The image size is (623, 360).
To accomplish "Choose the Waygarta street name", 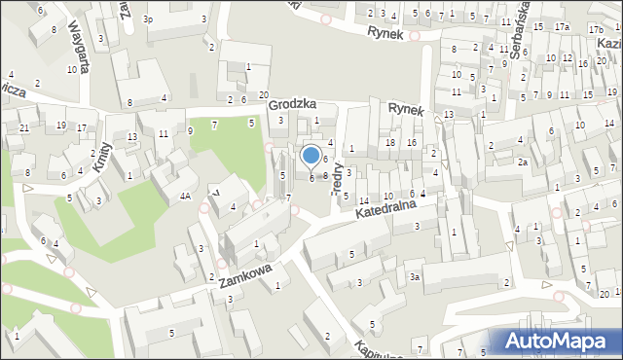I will [79, 42].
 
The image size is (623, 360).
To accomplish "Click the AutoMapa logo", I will [556, 342].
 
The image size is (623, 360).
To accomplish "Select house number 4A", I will [184, 197].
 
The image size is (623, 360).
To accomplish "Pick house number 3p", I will [148, 18].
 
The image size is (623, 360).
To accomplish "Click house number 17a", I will [563, 27].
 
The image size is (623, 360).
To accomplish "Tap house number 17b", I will [596, 30].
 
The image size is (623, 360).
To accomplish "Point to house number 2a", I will [523, 162].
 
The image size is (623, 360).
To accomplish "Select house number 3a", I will [414, 277].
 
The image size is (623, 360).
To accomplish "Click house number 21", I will [23, 128].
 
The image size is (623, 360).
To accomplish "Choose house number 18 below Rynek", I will [389, 143].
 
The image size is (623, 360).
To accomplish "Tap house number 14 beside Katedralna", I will [364, 200].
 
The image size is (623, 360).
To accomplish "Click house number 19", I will [60, 125].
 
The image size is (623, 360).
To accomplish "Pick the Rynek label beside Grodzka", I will [406, 110].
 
